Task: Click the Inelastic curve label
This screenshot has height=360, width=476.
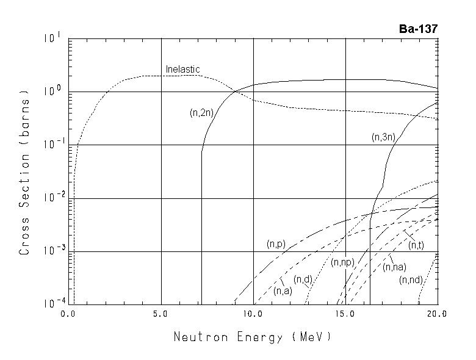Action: (182, 70)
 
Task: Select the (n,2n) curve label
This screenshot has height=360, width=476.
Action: (201, 112)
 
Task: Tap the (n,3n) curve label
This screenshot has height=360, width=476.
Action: (383, 138)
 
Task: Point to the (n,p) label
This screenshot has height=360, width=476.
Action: (276, 243)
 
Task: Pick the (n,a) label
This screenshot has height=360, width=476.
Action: (283, 290)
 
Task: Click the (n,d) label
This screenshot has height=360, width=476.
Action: (303, 279)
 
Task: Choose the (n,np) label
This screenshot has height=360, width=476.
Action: (342, 262)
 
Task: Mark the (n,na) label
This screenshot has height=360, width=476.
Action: (394, 267)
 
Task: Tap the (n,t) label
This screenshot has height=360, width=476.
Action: (417, 245)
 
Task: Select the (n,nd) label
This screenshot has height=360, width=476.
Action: (411, 280)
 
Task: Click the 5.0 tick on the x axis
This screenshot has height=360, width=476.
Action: (161, 314)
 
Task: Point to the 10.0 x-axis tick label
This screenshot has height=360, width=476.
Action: (253, 314)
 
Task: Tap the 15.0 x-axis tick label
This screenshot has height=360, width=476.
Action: (345, 314)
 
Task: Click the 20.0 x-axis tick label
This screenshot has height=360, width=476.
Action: (437, 314)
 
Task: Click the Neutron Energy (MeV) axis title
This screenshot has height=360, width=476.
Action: (253, 336)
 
